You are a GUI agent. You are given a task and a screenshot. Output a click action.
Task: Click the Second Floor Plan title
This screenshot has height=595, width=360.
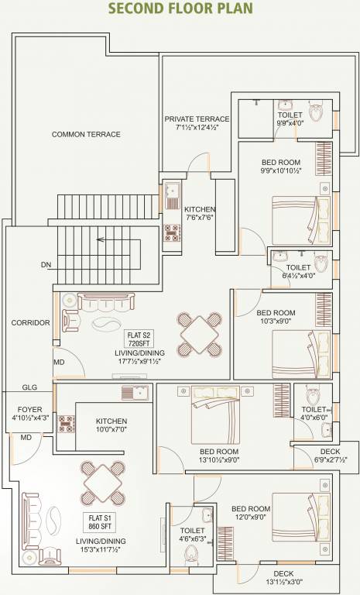point(180,9)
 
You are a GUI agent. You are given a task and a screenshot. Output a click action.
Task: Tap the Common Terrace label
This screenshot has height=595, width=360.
point(86,134)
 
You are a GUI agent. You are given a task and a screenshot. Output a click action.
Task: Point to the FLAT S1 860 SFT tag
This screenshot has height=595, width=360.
point(103,521)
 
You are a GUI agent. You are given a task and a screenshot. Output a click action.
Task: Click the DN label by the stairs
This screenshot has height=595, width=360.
point(46,265)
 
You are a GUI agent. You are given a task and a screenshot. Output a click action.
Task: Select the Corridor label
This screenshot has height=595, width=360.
point(30,322)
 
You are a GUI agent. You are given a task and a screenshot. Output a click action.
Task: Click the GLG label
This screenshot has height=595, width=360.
point(30,387)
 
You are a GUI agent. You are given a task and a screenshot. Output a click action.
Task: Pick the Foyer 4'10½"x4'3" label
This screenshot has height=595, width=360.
point(30,413)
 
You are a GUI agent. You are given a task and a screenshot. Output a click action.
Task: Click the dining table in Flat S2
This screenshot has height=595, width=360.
point(199,332)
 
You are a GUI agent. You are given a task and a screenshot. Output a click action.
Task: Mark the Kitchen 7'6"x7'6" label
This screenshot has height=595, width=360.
point(200,214)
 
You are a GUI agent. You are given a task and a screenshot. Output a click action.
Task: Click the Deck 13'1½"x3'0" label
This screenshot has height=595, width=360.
point(281,578)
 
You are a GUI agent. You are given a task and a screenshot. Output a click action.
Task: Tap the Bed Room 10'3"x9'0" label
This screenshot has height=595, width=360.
point(275,318)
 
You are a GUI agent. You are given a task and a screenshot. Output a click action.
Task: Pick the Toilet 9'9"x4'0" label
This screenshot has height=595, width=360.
point(291,119)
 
